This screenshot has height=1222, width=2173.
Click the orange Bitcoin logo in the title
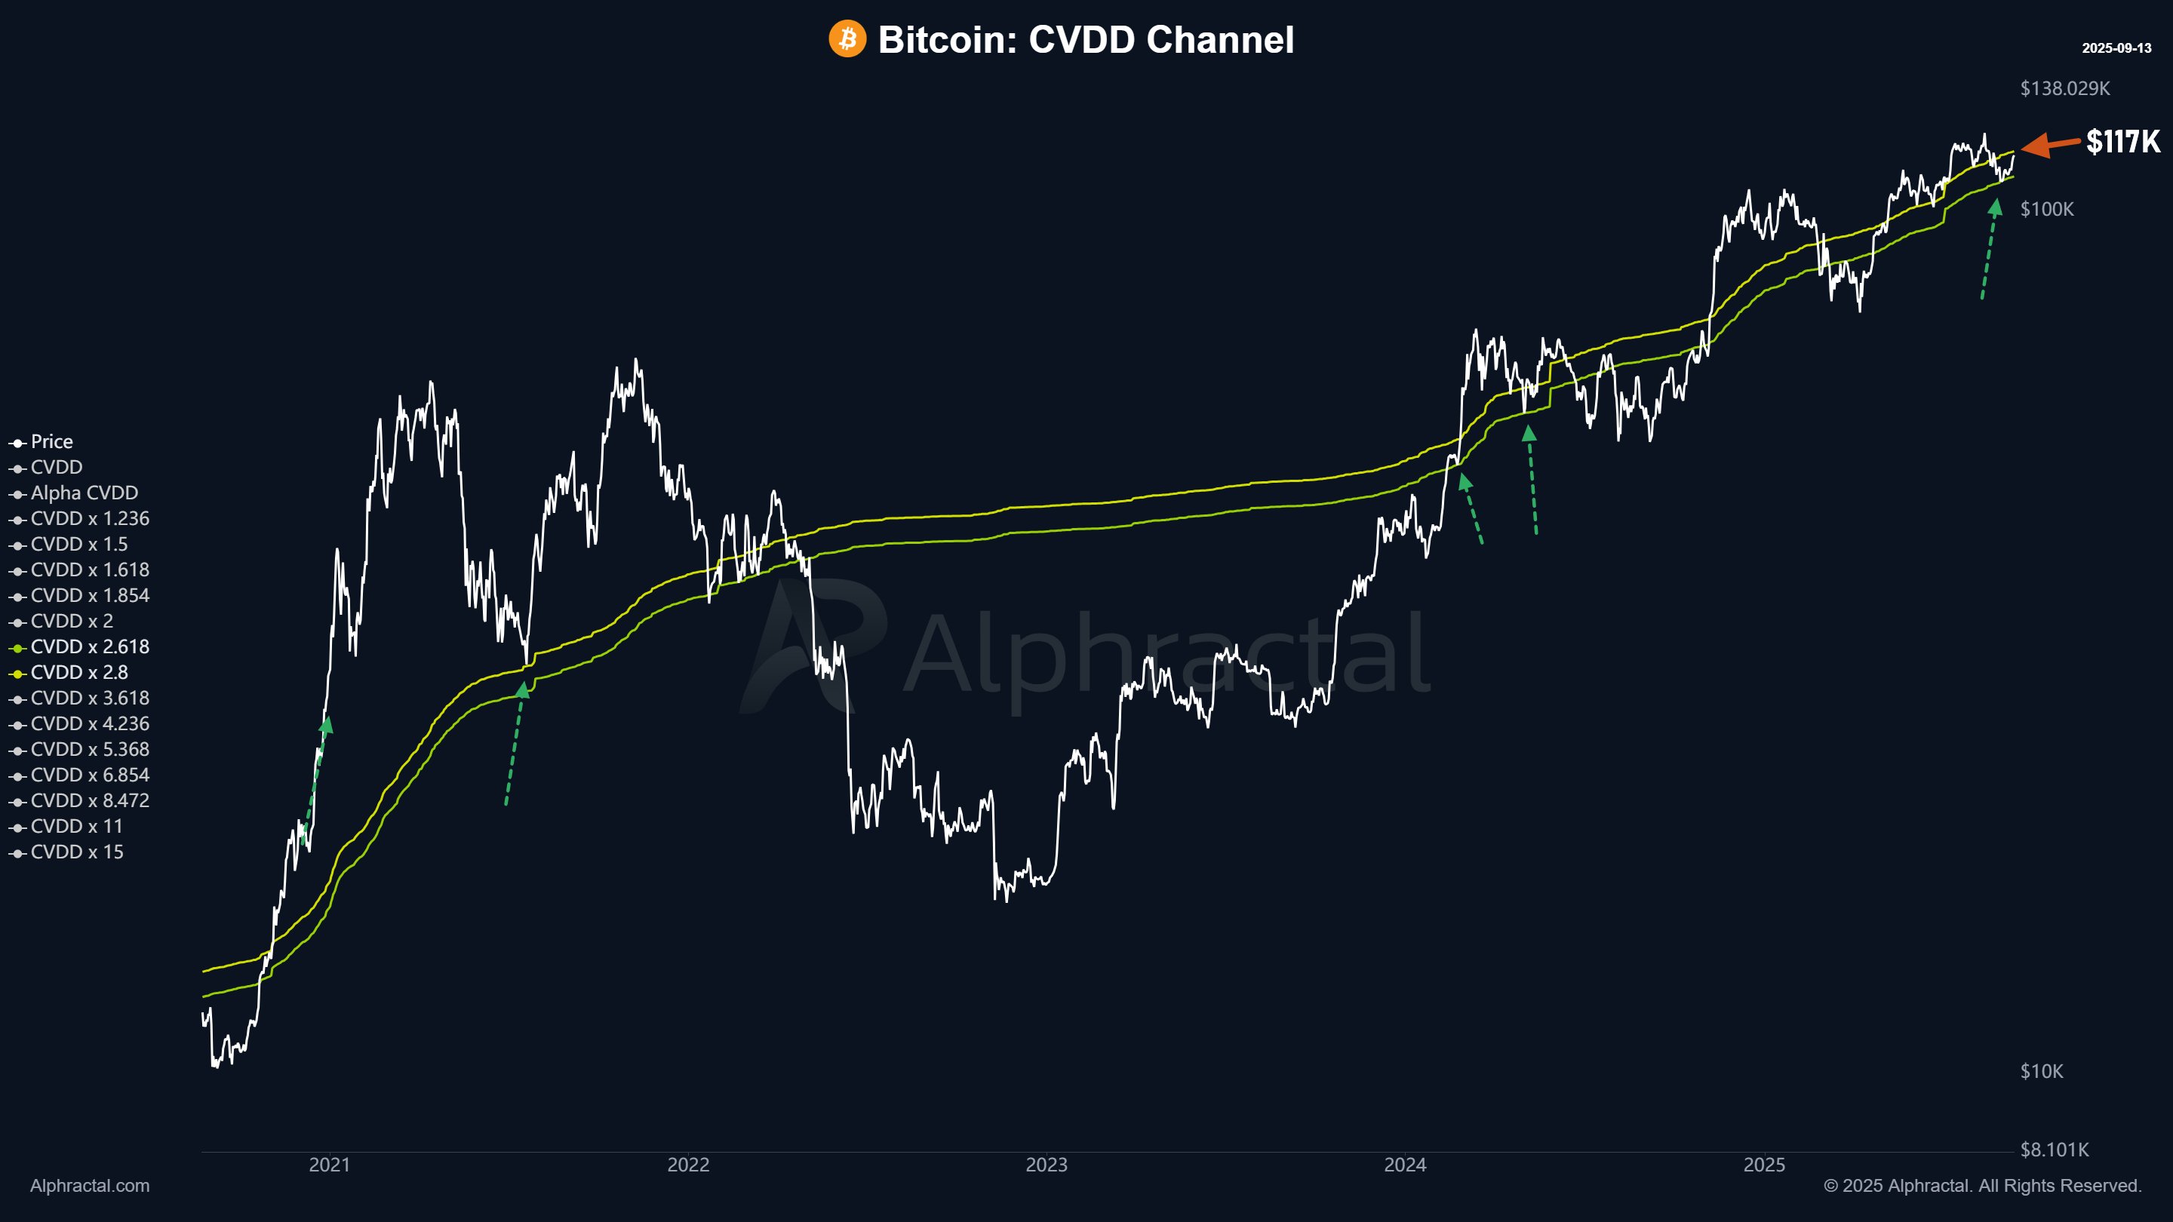pos(847,38)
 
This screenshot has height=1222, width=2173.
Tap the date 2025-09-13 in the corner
pos(2116,48)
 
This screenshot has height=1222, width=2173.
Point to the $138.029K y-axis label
pos(2064,88)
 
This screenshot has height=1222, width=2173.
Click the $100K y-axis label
pos(2046,209)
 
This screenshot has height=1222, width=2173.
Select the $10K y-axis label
pos(2042,1071)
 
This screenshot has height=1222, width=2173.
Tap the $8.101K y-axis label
pos(2054,1150)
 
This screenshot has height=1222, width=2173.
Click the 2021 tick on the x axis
pos(329,1165)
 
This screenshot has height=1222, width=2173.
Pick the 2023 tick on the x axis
pos(1046,1165)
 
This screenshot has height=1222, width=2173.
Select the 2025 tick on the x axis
pos(1764,1165)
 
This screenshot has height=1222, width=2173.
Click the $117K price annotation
pos(2122,142)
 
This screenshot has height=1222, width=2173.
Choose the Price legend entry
pos(51,442)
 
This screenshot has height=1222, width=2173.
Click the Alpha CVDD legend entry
pos(84,493)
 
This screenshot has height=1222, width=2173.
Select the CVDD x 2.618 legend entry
pos(90,647)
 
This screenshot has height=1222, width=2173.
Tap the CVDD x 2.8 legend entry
pos(79,672)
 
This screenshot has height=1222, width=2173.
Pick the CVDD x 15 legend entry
pos(77,852)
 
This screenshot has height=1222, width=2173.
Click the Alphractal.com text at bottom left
pos(90,1186)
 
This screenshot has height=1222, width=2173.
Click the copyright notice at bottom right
pos(1982,1186)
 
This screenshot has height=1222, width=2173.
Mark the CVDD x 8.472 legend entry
pos(90,800)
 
